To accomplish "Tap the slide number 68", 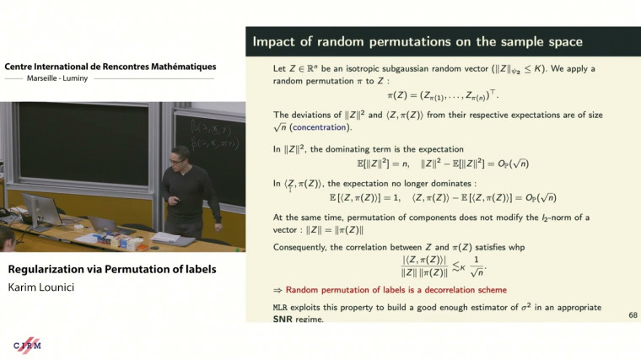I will click(x=633, y=315).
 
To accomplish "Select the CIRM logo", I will click(x=27, y=346).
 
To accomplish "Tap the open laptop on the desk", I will click(x=101, y=225).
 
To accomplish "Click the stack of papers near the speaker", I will click(x=165, y=238).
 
